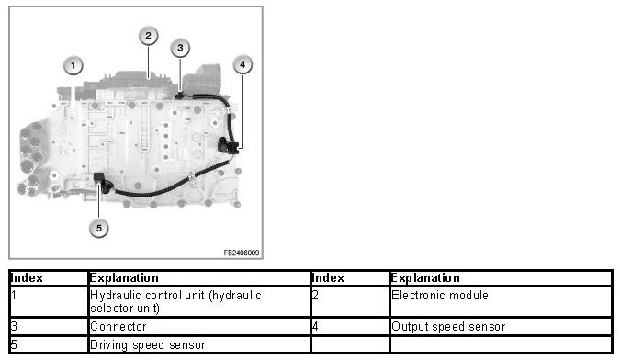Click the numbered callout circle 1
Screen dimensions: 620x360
tap(73, 65)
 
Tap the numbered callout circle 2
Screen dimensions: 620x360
tap(148, 36)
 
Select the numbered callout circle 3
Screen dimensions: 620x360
tap(180, 48)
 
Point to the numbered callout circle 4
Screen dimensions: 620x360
tap(242, 64)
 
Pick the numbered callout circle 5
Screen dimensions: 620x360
tap(99, 228)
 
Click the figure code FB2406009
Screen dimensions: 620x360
tap(242, 253)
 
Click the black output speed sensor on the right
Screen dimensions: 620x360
tap(228, 145)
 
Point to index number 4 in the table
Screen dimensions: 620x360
tap(315, 327)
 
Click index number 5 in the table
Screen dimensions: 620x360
tap(14, 344)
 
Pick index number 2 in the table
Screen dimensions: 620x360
tap(315, 295)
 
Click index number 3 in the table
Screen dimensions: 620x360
tap(14, 327)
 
